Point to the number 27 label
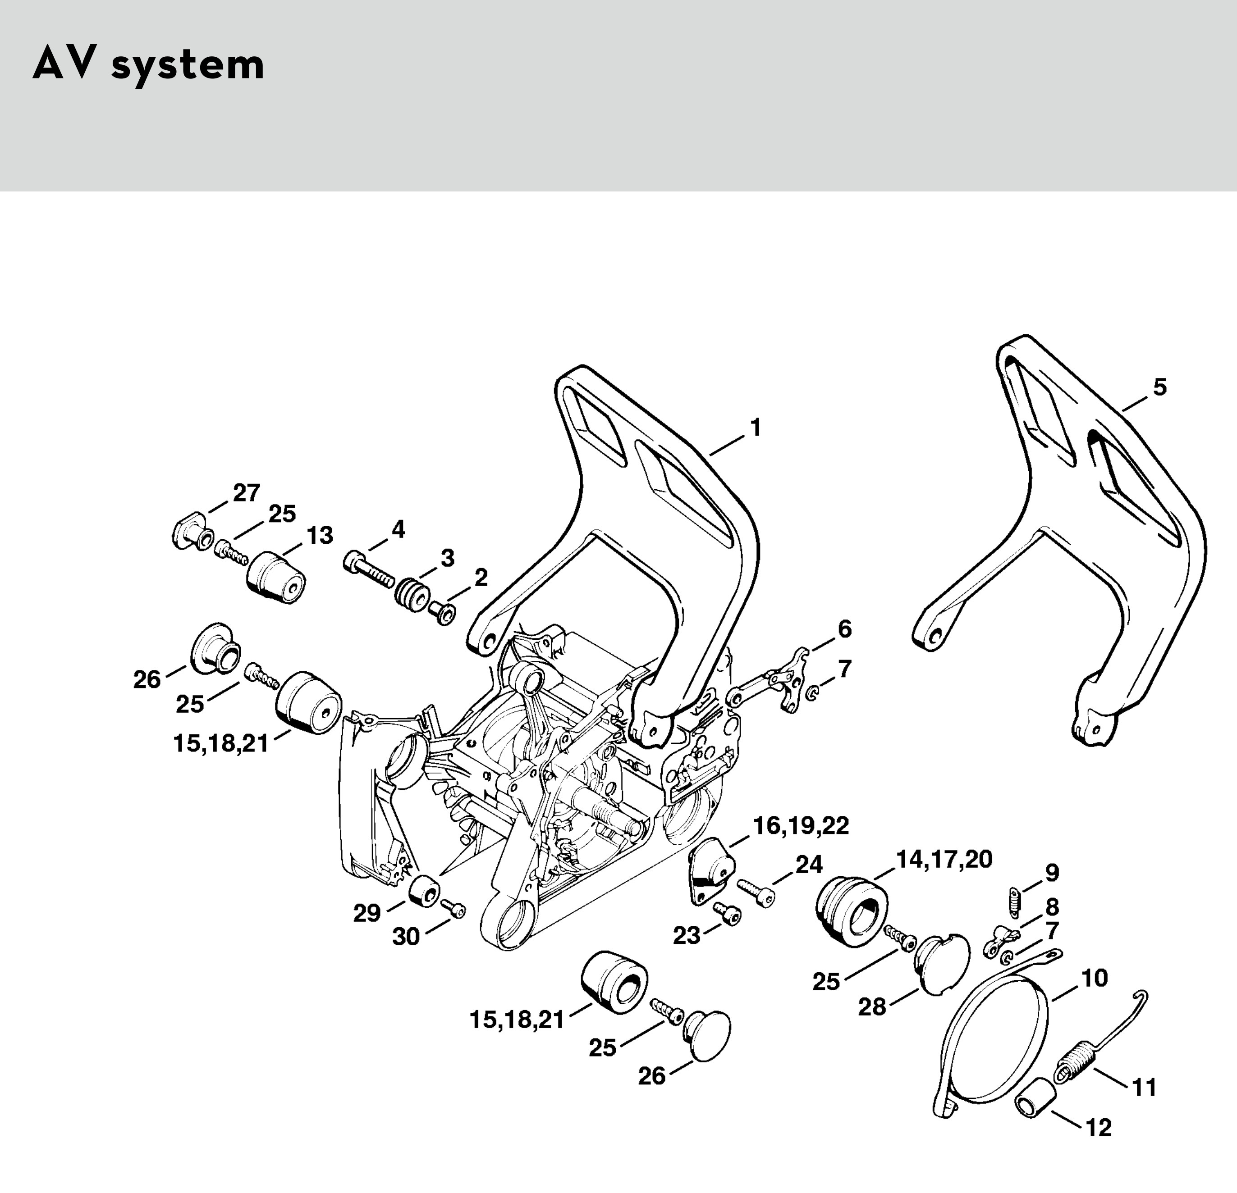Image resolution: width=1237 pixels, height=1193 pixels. coord(246,493)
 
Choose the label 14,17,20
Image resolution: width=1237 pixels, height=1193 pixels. coord(944,859)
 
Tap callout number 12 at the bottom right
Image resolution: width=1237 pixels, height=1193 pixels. coord(1099,1127)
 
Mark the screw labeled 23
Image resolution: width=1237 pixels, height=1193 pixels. coord(727,913)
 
